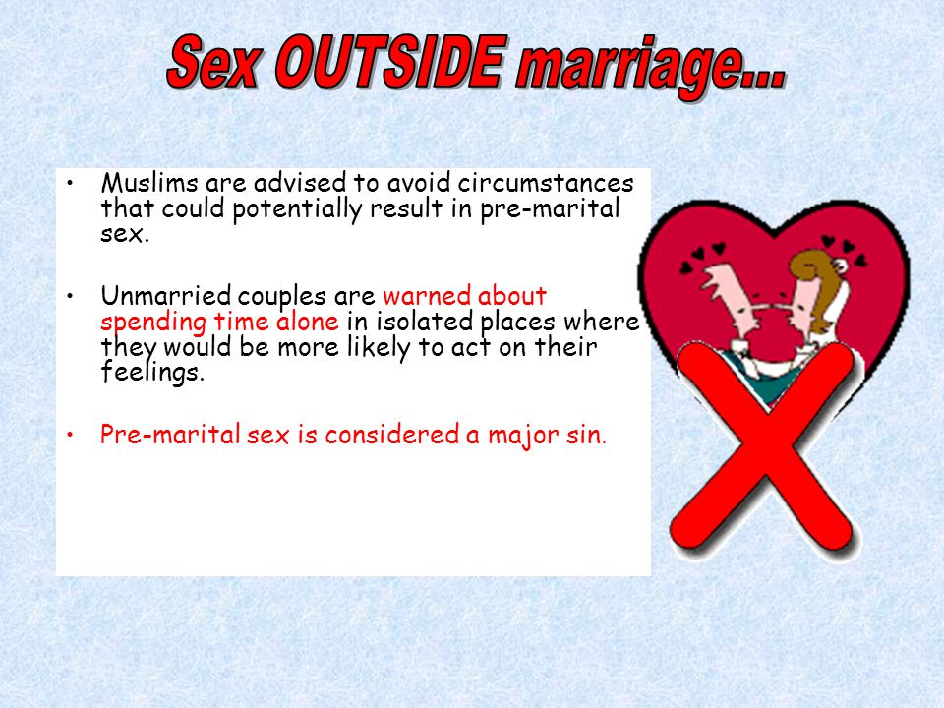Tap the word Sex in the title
tap(215, 62)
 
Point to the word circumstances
tap(546, 183)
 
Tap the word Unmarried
tap(165, 296)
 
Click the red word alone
tap(307, 322)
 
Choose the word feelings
tap(152, 372)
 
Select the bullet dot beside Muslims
tap(71, 181)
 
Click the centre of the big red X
tap(763, 448)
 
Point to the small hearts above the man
tap(700, 256)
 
